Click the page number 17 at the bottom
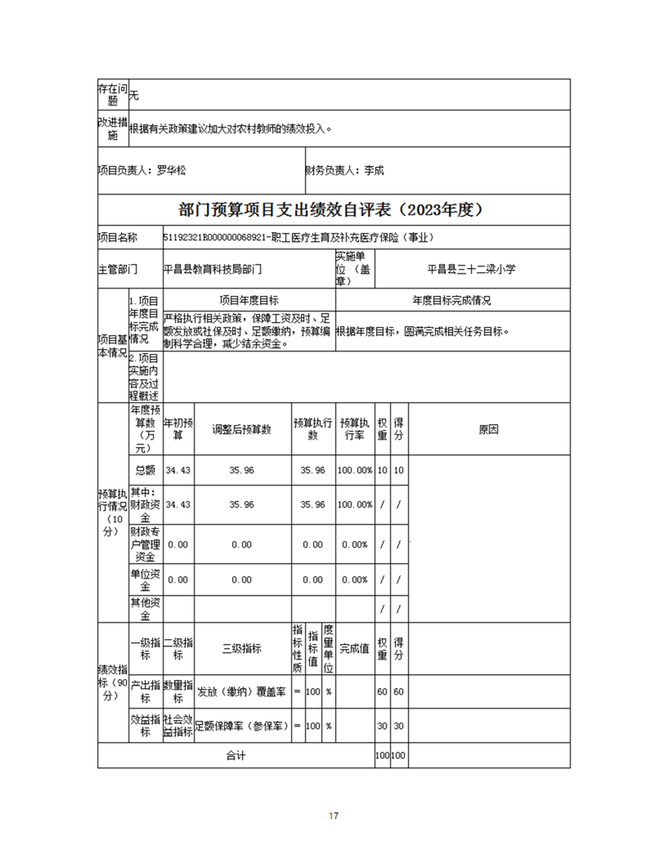tap(333, 816)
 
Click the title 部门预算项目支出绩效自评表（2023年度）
tap(333, 210)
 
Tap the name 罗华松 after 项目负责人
tap(171, 171)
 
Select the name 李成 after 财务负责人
tap(374, 171)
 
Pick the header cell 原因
tap(489, 429)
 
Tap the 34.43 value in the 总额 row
tap(177, 471)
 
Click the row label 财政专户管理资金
tap(145, 544)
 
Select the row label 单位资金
tap(145, 579)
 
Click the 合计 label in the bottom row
tap(236, 756)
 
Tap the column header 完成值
tap(355, 649)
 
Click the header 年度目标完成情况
tap(452, 301)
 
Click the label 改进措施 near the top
tap(113, 128)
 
